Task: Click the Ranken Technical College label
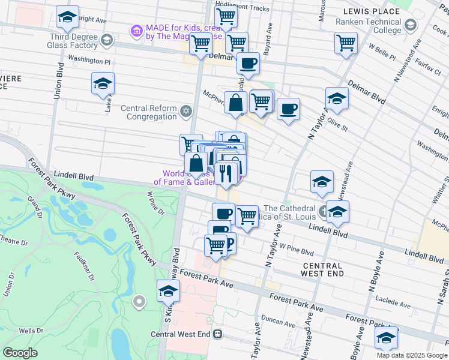point(368,26)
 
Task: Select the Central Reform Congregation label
point(149,112)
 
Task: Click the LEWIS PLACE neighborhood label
point(371,11)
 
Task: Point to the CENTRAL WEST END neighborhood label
point(323,269)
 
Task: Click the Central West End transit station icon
point(218,334)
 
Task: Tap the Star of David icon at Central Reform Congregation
point(186,111)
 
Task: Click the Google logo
point(20,353)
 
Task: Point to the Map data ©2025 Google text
point(412,355)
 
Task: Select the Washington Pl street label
point(89,60)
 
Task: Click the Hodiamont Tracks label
point(246,8)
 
